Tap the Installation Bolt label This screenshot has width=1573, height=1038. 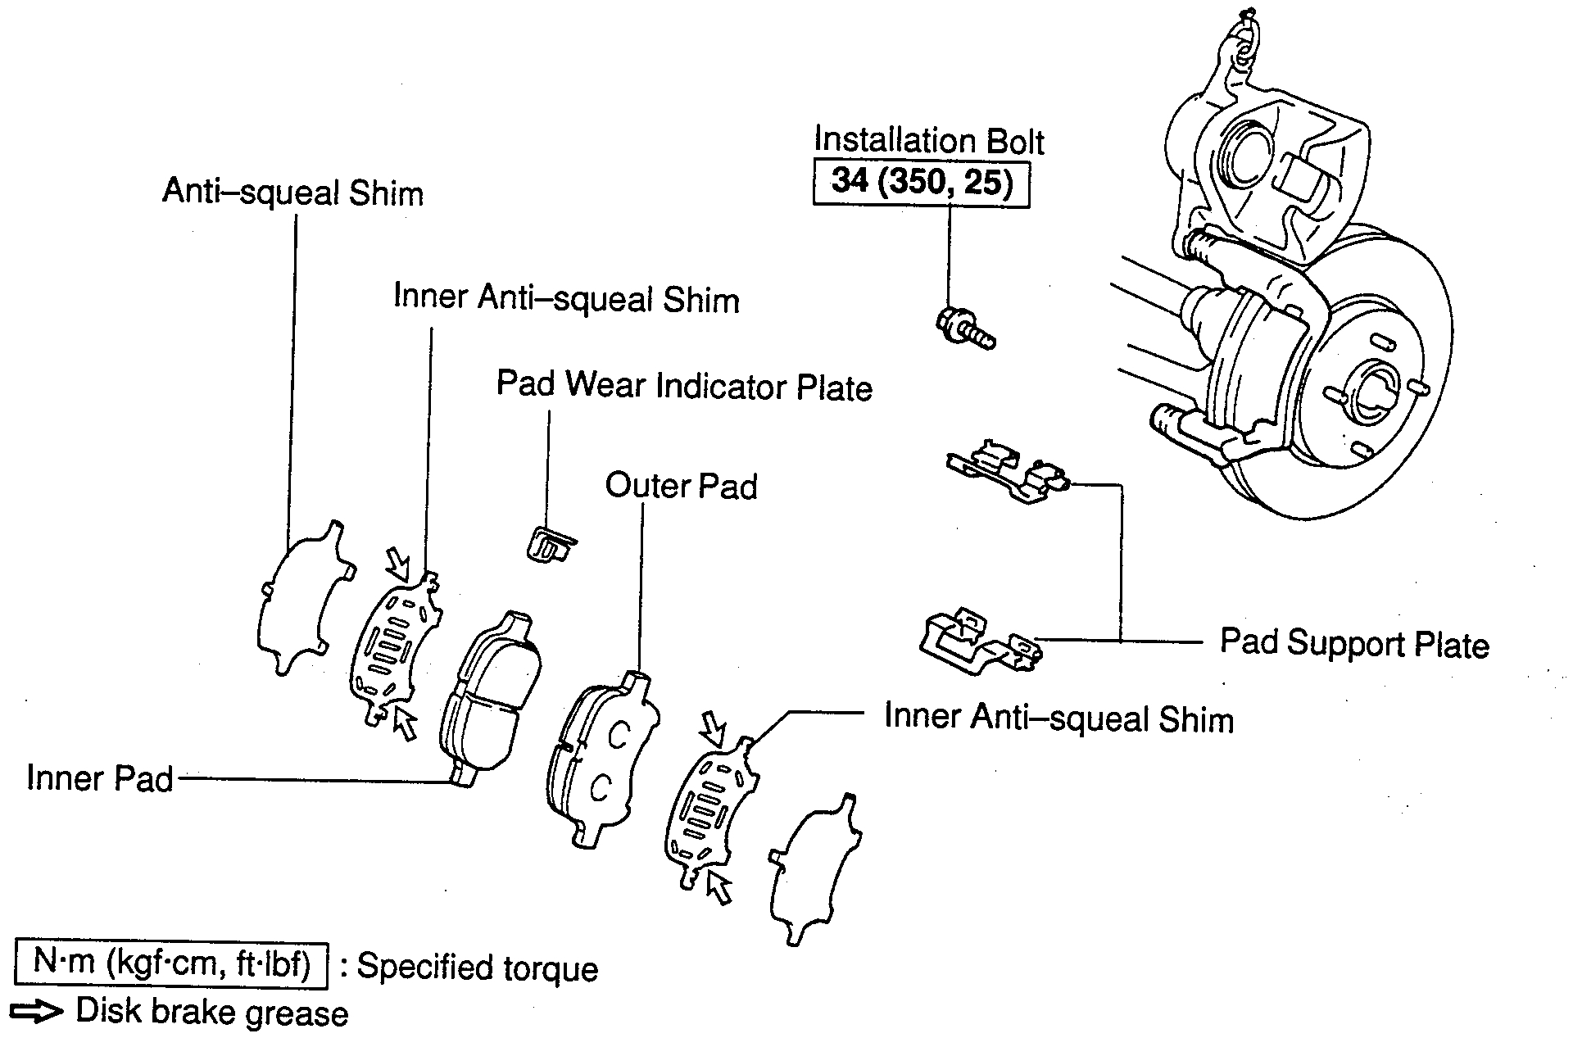tap(929, 141)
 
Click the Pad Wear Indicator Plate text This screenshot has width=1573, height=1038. tap(684, 387)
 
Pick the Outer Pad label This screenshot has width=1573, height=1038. tap(681, 487)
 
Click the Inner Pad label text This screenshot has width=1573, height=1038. tap(100, 778)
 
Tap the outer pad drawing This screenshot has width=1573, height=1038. tap(602, 758)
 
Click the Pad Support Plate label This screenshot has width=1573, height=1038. tap(1354, 644)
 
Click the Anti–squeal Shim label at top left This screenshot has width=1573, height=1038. tap(292, 193)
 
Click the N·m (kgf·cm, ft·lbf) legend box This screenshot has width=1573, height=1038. tap(171, 965)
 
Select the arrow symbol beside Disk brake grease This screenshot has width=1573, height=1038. tap(38, 1013)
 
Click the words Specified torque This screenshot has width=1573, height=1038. tap(478, 968)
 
